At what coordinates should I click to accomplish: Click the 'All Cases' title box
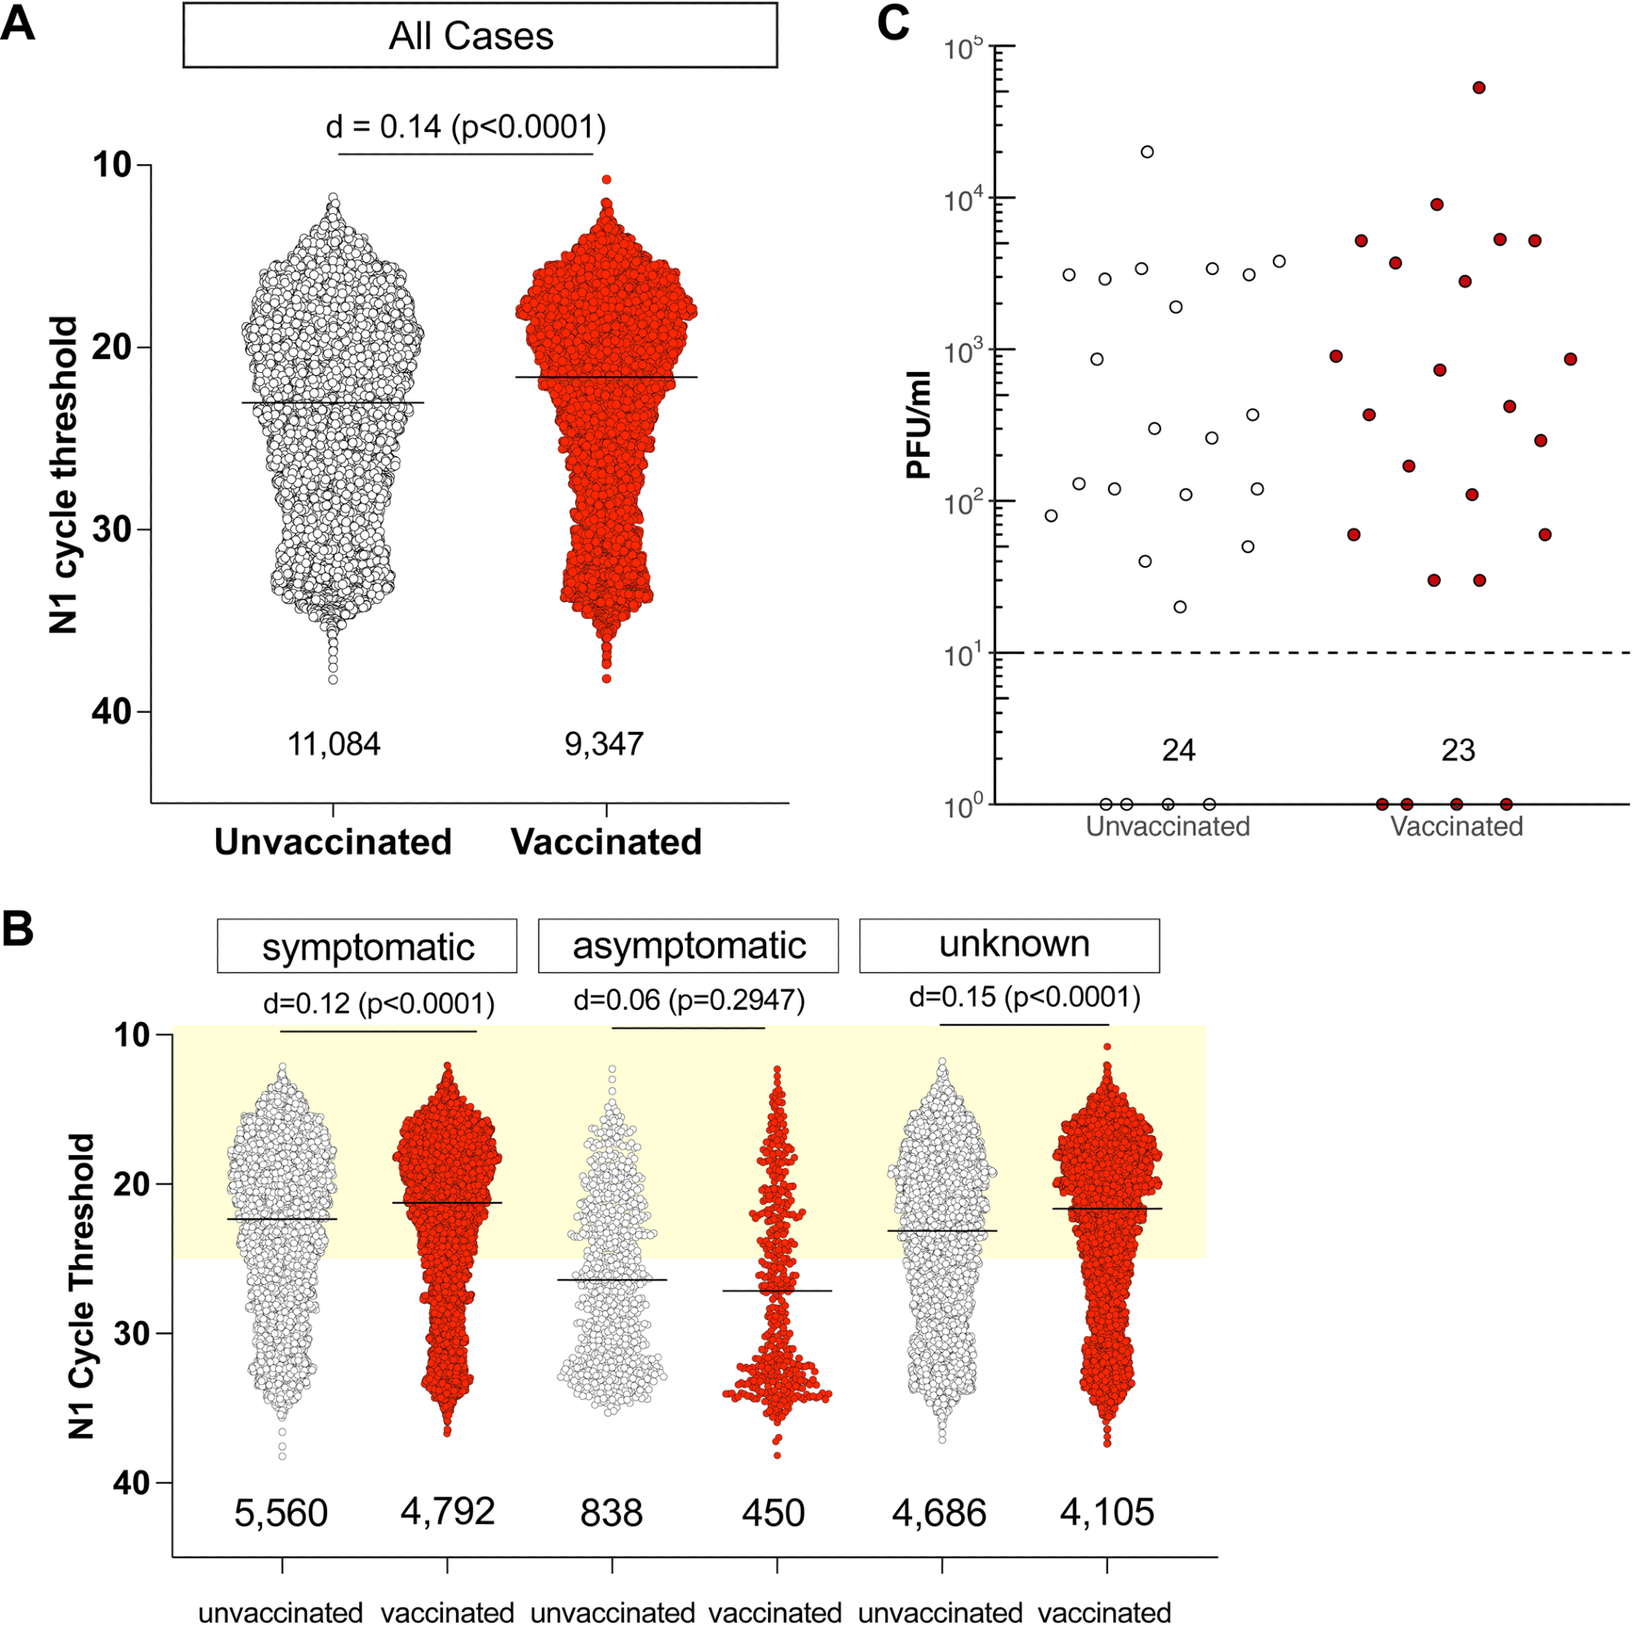(479, 35)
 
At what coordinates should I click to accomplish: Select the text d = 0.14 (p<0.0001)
(466, 126)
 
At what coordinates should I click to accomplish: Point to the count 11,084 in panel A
(334, 744)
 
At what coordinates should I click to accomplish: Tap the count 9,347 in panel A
(604, 744)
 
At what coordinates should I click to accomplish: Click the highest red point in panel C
(1479, 88)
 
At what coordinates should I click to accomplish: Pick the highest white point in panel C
(1147, 152)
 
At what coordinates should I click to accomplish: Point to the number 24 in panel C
(1178, 750)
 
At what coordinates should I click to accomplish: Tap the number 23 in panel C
(1458, 750)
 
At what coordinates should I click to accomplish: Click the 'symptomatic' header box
(366, 947)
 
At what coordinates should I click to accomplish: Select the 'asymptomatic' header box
(689, 946)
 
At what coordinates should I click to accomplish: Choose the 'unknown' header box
(1009, 945)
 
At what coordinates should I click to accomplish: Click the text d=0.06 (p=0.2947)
(690, 1001)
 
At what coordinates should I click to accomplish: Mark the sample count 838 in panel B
(611, 1512)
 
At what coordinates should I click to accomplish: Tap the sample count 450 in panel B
(774, 1512)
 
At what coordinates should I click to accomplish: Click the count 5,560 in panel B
(281, 1512)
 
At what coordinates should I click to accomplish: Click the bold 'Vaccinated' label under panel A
(606, 842)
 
